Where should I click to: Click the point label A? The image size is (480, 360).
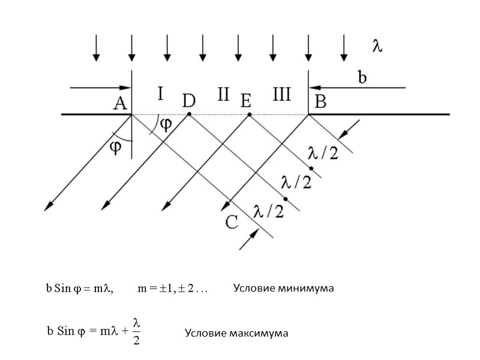pyautogui.click(x=120, y=104)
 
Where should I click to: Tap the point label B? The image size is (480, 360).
pyautogui.click(x=320, y=103)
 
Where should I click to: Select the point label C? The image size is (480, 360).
pyautogui.click(x=232, y=223)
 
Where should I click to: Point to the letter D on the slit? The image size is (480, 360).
pyautogui.click(x=188, y=101)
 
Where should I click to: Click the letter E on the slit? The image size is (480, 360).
pyautogui.click(x=245, y=101)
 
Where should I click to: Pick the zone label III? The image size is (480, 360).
pyautogui.click(x=281, y=95)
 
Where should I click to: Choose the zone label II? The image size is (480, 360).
pyautogui.click(x=223, y=95)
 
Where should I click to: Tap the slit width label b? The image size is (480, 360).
pyautogui.click(x=362, y=77)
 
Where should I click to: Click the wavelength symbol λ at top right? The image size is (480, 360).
pyautogui.click(x=377, y=47)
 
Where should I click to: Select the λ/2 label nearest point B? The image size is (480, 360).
pyautogui.click(x=323, y=154)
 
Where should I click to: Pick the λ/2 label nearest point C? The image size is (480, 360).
pyautogui.click(x=268, y=211)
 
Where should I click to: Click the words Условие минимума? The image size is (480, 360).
pyautogui.click(x=283, y=289)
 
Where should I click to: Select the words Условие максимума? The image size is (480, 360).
pyautogui.click(x=236, y=333)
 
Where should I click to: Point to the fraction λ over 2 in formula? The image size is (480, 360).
pyautogui.click(x=136, y=332)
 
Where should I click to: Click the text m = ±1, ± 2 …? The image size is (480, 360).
pyautogui.click(x=172, y=289)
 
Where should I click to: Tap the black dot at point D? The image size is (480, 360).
pyautogui.click(x=189, y=114)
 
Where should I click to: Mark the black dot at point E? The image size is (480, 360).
pyautogui.click(x=249, y=114)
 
